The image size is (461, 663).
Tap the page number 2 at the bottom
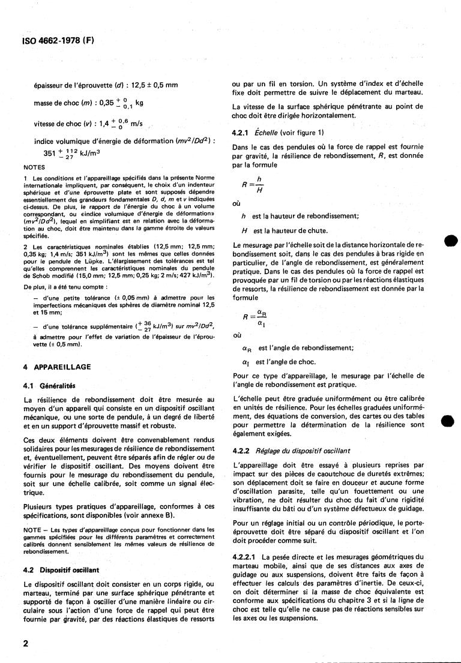26,643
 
